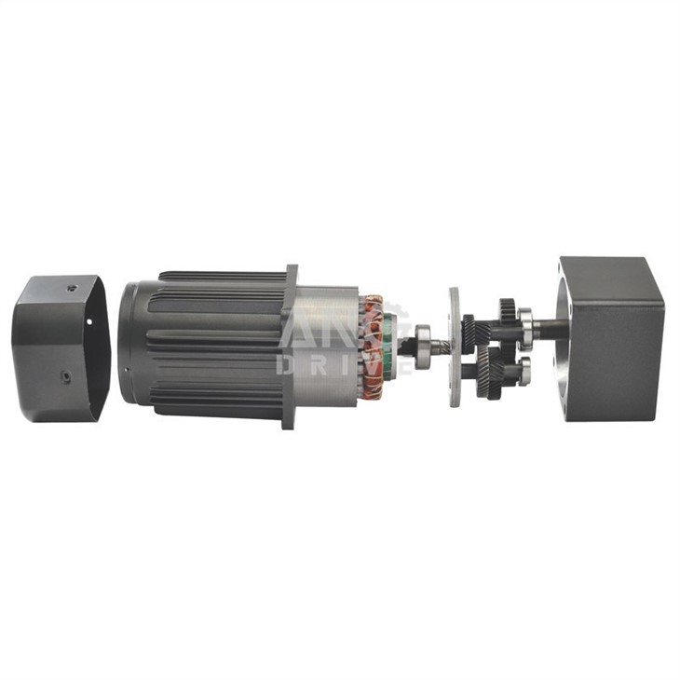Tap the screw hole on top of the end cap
pos(71,288)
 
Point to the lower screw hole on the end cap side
pos(66,376)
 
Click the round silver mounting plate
pos(454,347)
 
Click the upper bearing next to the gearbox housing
pos(526,327)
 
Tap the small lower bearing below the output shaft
pos(525,372)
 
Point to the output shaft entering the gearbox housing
pos(550,327)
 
